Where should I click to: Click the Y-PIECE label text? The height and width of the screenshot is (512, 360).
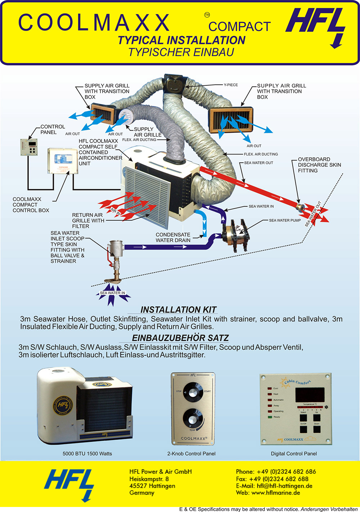pyautogui.click(x=231, y=85)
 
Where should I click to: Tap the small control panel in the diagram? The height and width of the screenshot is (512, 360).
pyautogui.click(x=29, y=147)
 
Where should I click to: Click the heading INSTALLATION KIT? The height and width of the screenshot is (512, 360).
pyautogui.click(x=178, y=310)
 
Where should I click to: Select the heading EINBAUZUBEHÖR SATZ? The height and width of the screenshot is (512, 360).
pyautogui.click(x=180, y=338)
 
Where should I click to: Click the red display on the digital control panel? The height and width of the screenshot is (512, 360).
pyautogui.click(x=310, y=395)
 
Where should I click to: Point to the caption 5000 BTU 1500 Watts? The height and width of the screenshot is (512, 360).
pyautogui.click(x=87, y=454)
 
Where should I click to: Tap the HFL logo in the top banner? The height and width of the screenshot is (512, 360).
pyautogui.click(x=316, y=25)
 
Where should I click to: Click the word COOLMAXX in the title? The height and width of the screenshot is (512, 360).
pyautogui.click(x=94, y=23)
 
